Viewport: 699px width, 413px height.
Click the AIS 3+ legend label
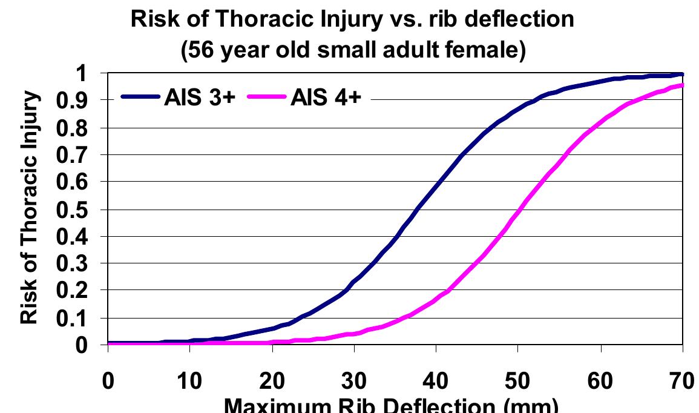tap(198, 98)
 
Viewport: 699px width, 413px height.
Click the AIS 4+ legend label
tap(326, 98)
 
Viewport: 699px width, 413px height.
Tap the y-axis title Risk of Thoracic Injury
tap(30, 209)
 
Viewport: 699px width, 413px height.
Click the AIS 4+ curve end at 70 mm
tap(682, 85)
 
